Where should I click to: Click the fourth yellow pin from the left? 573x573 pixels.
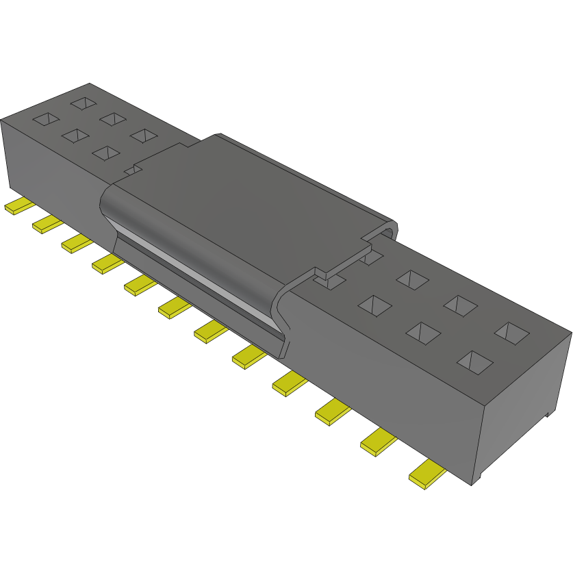[x=107, y=262]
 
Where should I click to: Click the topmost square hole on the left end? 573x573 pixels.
[x=83, y=103]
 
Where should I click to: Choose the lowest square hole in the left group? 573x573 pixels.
[x=105, y=153]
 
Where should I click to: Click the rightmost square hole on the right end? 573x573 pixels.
[x=511, y=333]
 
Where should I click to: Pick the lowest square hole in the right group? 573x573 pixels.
[x=473, y=361]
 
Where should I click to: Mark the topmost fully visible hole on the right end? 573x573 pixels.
[x=412, y=279]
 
